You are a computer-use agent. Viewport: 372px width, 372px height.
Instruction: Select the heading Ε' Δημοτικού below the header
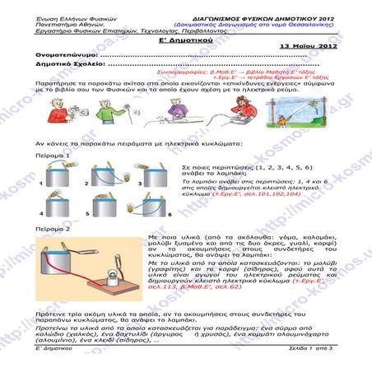pyautogui.click(x=186, y=38)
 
